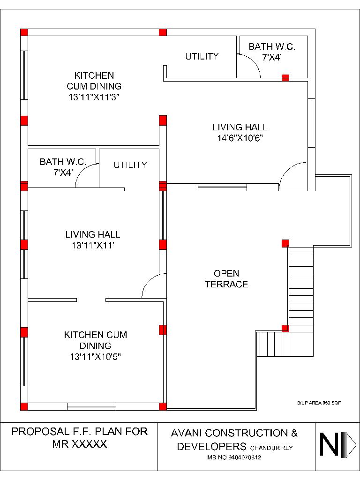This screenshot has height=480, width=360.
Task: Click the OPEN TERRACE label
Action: pyautogui.click(x=226, y=278)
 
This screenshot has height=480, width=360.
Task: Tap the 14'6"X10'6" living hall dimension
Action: pyautogui.click(x=240, y=138)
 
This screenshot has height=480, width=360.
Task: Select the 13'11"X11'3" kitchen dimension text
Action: pyautogui.click(x=94, y=97)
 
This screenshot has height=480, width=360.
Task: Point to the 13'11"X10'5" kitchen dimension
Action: pyautogui.click(x=96, y=357)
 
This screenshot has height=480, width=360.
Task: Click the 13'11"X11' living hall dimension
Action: pyautogui.click(x=93, y=245)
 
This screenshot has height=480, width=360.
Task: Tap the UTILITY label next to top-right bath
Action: pyautogui.click(x=202, y=56)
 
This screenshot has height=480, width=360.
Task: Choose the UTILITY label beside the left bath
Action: pyautogui.click(x=130, y=165)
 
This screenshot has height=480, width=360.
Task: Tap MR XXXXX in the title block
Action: pyautogui.click(x=80, y=443)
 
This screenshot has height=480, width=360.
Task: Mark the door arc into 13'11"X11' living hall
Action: pyautogui.click(x=151, y=285)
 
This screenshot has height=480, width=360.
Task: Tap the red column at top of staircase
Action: pyautogui.click(x=285, y=243)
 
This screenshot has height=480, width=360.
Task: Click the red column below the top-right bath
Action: pyautogui.click(x=285, y=77)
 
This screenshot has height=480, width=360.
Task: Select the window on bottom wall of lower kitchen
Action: pyautogui.click(x=91, y=406)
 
